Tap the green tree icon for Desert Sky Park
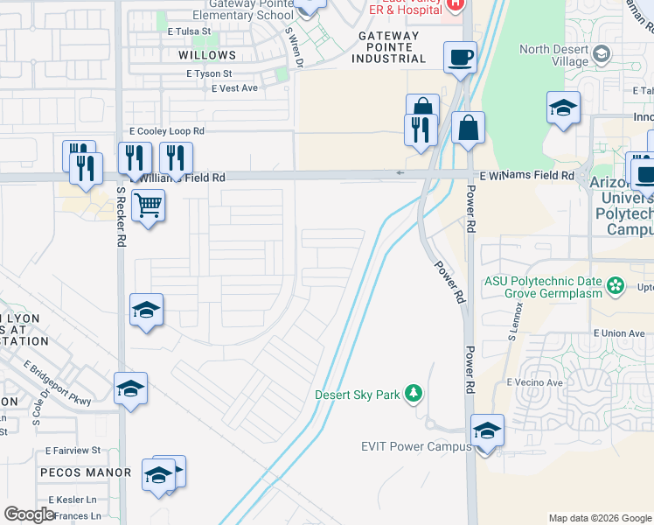(x=414, y=395)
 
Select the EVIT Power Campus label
(x=415, y=446)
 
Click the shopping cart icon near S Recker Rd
(x=149, y=206)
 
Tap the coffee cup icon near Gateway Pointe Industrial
(x=460, y=59)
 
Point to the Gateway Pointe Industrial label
(x=388, y=47)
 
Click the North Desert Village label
(x=555, y=55)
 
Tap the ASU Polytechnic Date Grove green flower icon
(x=616, y=285)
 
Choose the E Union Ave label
(x=618, y=333)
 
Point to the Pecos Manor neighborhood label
(x=85, y=472)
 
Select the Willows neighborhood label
(x=207, y=54)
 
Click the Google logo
(x=29, y=514)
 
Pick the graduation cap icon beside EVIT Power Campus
(x=487, y=430)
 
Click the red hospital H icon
(x=454, y=4)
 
